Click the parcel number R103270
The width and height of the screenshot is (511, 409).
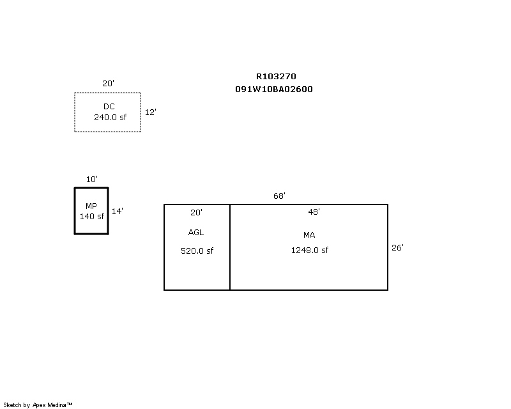(x=276, y=76)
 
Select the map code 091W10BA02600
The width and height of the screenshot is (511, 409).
(x=274, y=89)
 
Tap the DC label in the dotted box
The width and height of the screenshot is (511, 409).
(x=109, y=106)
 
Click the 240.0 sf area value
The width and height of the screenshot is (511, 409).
(x=110, y=117)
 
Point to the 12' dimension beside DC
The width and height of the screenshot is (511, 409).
(x=150, y=112)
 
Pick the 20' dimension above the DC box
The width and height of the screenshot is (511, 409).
(x=108, y=84)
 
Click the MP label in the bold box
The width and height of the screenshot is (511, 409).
(x=91, y=206)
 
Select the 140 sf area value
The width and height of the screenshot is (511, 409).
(x=92, y=216)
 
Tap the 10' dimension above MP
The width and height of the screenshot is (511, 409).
(x=91, y=180)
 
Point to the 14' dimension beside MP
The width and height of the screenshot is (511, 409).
(x=118, y=212)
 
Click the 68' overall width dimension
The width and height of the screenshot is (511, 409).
(x=279, y=196)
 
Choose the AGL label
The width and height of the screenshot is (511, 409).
(x=196, y=233)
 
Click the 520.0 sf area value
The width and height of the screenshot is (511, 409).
(x=197, y=251)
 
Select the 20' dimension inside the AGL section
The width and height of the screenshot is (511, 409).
(x=196, y=213)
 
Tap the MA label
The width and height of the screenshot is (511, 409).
(x=309, y=235)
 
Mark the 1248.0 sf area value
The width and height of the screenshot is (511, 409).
(x=310, y=250)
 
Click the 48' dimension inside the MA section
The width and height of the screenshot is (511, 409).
(x=314, y=212)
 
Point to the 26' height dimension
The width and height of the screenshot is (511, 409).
(x=397, y=248)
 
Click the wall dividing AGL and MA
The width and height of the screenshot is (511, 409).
(x=230, y=247)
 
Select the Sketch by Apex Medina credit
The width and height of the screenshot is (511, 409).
(x=38, y=405)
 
